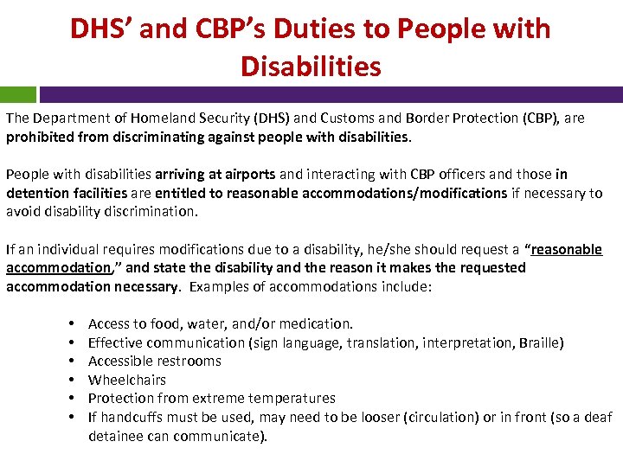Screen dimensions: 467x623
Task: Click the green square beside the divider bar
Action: [18, 94]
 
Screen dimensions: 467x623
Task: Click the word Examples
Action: [216, 286]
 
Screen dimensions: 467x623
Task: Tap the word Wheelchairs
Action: [127, 380]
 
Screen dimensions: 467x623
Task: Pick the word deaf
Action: [599, 418]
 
